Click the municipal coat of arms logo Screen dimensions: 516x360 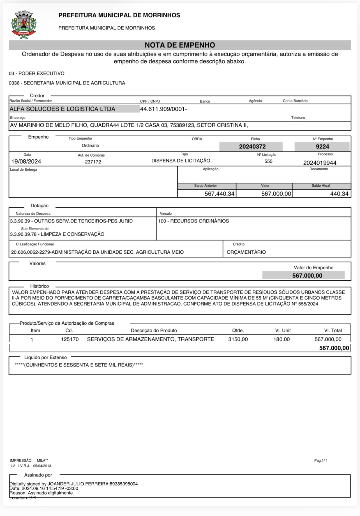coord(24,25)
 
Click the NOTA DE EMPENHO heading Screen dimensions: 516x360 coord(180,45)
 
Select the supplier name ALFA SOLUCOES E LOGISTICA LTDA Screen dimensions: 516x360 coord(63,109)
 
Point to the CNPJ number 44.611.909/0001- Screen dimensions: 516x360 coord(163,109)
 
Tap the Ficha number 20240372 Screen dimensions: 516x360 coord(252,146)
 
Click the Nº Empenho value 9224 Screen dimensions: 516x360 coord(322,146)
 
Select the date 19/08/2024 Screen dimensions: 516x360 coord(26,161)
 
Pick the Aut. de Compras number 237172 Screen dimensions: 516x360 coord(93,162)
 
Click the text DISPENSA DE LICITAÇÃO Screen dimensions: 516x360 coord(181,161)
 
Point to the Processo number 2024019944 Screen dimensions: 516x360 coord(320,163)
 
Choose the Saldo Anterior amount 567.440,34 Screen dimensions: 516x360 coord(219,194)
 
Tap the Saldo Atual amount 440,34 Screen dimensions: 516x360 coord(339,194)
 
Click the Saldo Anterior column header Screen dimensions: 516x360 coord(206,186)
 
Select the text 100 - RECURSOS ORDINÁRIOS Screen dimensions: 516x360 coord(193,221)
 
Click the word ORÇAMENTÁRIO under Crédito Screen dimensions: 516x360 coord(246,252)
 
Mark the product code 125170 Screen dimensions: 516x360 coord(70,339)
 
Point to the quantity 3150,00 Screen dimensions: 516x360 coord(238,339)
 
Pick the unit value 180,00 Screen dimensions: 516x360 coord(281,339)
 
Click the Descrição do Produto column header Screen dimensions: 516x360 coord(154,331)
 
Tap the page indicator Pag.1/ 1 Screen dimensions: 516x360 coord(321,460)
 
